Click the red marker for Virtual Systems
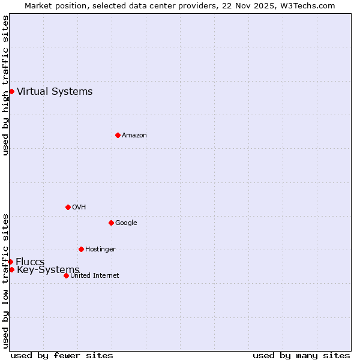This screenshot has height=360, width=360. coord(11,91)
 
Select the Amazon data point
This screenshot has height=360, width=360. coord(118,135)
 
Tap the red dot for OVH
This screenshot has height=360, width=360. coord(68,207)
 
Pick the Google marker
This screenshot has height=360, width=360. coord(111,223)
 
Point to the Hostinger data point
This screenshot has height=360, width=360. coord(81,249)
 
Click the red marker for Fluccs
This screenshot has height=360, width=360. coord(10,262)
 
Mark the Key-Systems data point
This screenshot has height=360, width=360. coord(11,269)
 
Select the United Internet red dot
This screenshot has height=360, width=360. coord(66,275)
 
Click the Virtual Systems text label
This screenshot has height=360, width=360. coord(55,91)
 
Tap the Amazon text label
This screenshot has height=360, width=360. coord(134,135)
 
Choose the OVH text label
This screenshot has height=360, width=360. coord(79,207)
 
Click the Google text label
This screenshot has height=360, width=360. coord(126,223)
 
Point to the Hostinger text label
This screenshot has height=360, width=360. coord(100,249)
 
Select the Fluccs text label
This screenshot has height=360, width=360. coord(30,262)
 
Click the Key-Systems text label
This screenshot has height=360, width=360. coord(48,270)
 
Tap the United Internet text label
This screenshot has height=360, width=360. coord(94,275)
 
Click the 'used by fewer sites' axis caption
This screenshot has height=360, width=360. coord(62,355)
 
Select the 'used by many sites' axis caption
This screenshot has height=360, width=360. coord(301,355)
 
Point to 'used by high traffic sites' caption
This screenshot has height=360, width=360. coord(5,85)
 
